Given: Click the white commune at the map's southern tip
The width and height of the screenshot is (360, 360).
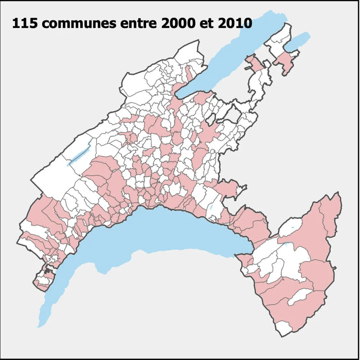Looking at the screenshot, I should coord(284,328).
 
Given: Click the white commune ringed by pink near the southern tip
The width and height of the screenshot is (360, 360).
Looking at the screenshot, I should coord(301,297).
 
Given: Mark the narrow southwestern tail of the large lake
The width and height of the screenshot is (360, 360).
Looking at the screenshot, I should coord(47,310).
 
